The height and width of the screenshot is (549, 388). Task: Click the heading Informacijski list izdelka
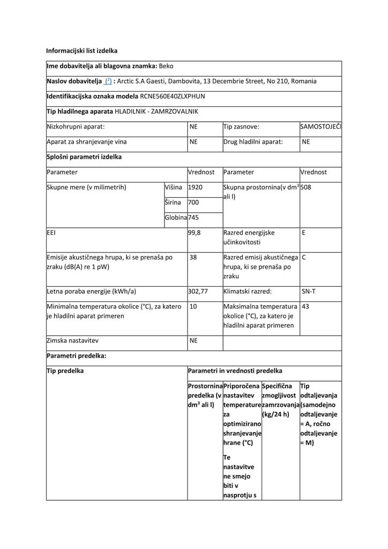[81, 51]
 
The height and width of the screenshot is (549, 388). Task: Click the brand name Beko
[166, 66]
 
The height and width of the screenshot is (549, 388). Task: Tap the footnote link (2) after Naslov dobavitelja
[108, 81]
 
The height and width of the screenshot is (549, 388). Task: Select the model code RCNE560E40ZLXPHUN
[172, 97]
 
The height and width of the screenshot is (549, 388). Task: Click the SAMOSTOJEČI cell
[321, 127]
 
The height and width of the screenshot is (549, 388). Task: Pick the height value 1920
[196, 187]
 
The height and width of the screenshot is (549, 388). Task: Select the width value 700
[193, 203]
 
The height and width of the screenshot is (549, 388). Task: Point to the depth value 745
[193, 218]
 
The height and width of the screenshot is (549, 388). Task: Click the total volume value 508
[307, 187]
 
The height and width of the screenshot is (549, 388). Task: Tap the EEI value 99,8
[194, 233]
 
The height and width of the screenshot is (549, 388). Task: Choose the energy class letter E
[304, 233]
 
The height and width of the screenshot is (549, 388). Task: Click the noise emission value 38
[193, 257]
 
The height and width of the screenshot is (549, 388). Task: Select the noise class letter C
[304, 257]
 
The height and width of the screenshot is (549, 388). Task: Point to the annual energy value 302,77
[198, 292]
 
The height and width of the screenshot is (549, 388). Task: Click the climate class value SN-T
[308, 292]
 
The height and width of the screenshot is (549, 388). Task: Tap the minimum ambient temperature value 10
[193, 307]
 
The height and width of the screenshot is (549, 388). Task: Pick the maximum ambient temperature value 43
[305, 307]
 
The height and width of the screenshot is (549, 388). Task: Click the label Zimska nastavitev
[73, 341]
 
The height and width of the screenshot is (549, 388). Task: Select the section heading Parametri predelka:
[76, 356]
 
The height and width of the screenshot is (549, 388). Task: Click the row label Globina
[175, 218]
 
